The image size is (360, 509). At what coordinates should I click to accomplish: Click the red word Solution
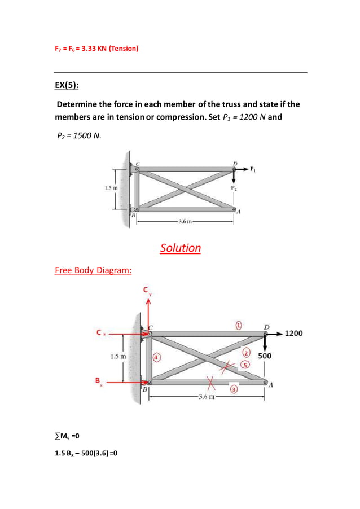[180, 248]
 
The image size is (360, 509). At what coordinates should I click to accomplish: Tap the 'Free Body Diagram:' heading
[93, 270]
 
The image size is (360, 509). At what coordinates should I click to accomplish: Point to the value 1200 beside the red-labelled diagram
[293, 333]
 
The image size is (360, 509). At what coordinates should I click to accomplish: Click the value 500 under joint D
[265, 356]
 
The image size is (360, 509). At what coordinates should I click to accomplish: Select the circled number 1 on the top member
[239, 326]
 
